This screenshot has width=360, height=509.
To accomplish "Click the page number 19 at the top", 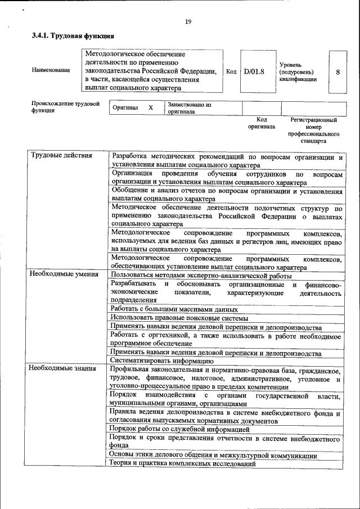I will (188, 22).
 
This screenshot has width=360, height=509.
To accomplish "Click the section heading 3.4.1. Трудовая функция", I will (69, 37).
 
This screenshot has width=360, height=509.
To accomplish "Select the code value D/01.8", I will (254, 71).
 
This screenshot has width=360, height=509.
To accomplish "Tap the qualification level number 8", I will (337, 72).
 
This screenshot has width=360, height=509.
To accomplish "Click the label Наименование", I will (51, 70).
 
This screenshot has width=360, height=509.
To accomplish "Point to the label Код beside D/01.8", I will (231, 71).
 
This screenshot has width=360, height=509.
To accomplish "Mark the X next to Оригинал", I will (150, 107).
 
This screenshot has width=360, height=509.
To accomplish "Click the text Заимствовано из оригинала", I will (188, 108).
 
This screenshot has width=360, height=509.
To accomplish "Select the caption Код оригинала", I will (261, 123).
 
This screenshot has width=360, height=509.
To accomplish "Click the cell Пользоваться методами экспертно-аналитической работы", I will (201, 276).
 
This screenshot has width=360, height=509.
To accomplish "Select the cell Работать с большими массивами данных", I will (174, 309).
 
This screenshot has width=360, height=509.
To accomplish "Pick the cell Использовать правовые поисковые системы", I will (177, 317).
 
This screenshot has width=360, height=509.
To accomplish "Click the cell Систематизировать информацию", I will (161, 361).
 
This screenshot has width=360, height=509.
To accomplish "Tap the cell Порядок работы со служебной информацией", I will (179, 429).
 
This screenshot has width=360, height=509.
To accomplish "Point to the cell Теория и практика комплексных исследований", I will (183, 464).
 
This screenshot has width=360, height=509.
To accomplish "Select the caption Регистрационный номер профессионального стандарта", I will (313, 130).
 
